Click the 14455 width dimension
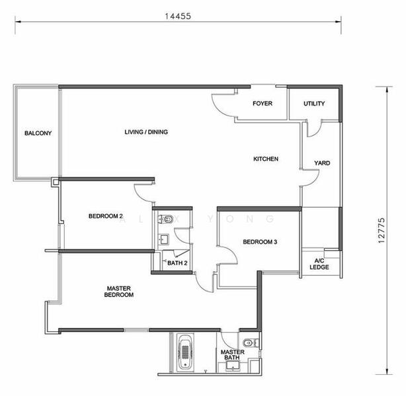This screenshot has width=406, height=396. pos(178,16)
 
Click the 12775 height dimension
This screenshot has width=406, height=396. pos(381,230)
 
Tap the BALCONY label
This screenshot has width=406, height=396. pos(38,133)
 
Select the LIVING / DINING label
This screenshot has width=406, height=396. pos(146,132)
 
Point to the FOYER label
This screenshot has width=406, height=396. pos(263,104)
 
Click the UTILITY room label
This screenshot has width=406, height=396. pos(314,104)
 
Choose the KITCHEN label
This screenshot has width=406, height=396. pos(266,158)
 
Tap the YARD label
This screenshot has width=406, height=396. pos(322,163)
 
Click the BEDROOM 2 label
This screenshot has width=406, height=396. pos(106,216)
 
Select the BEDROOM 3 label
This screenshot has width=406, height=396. pos(260,242)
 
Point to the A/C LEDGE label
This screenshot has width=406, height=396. pos(319,264)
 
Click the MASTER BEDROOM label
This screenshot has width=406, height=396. pos(119,291)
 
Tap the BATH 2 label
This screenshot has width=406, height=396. pos(177,263)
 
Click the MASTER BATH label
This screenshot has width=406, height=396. pos(232,354)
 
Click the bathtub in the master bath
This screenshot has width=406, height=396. pos(185,352)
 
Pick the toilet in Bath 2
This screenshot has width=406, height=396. pos(166,219)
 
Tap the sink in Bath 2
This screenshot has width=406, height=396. pos(163,240)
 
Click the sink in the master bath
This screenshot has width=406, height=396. pos(233,366)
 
